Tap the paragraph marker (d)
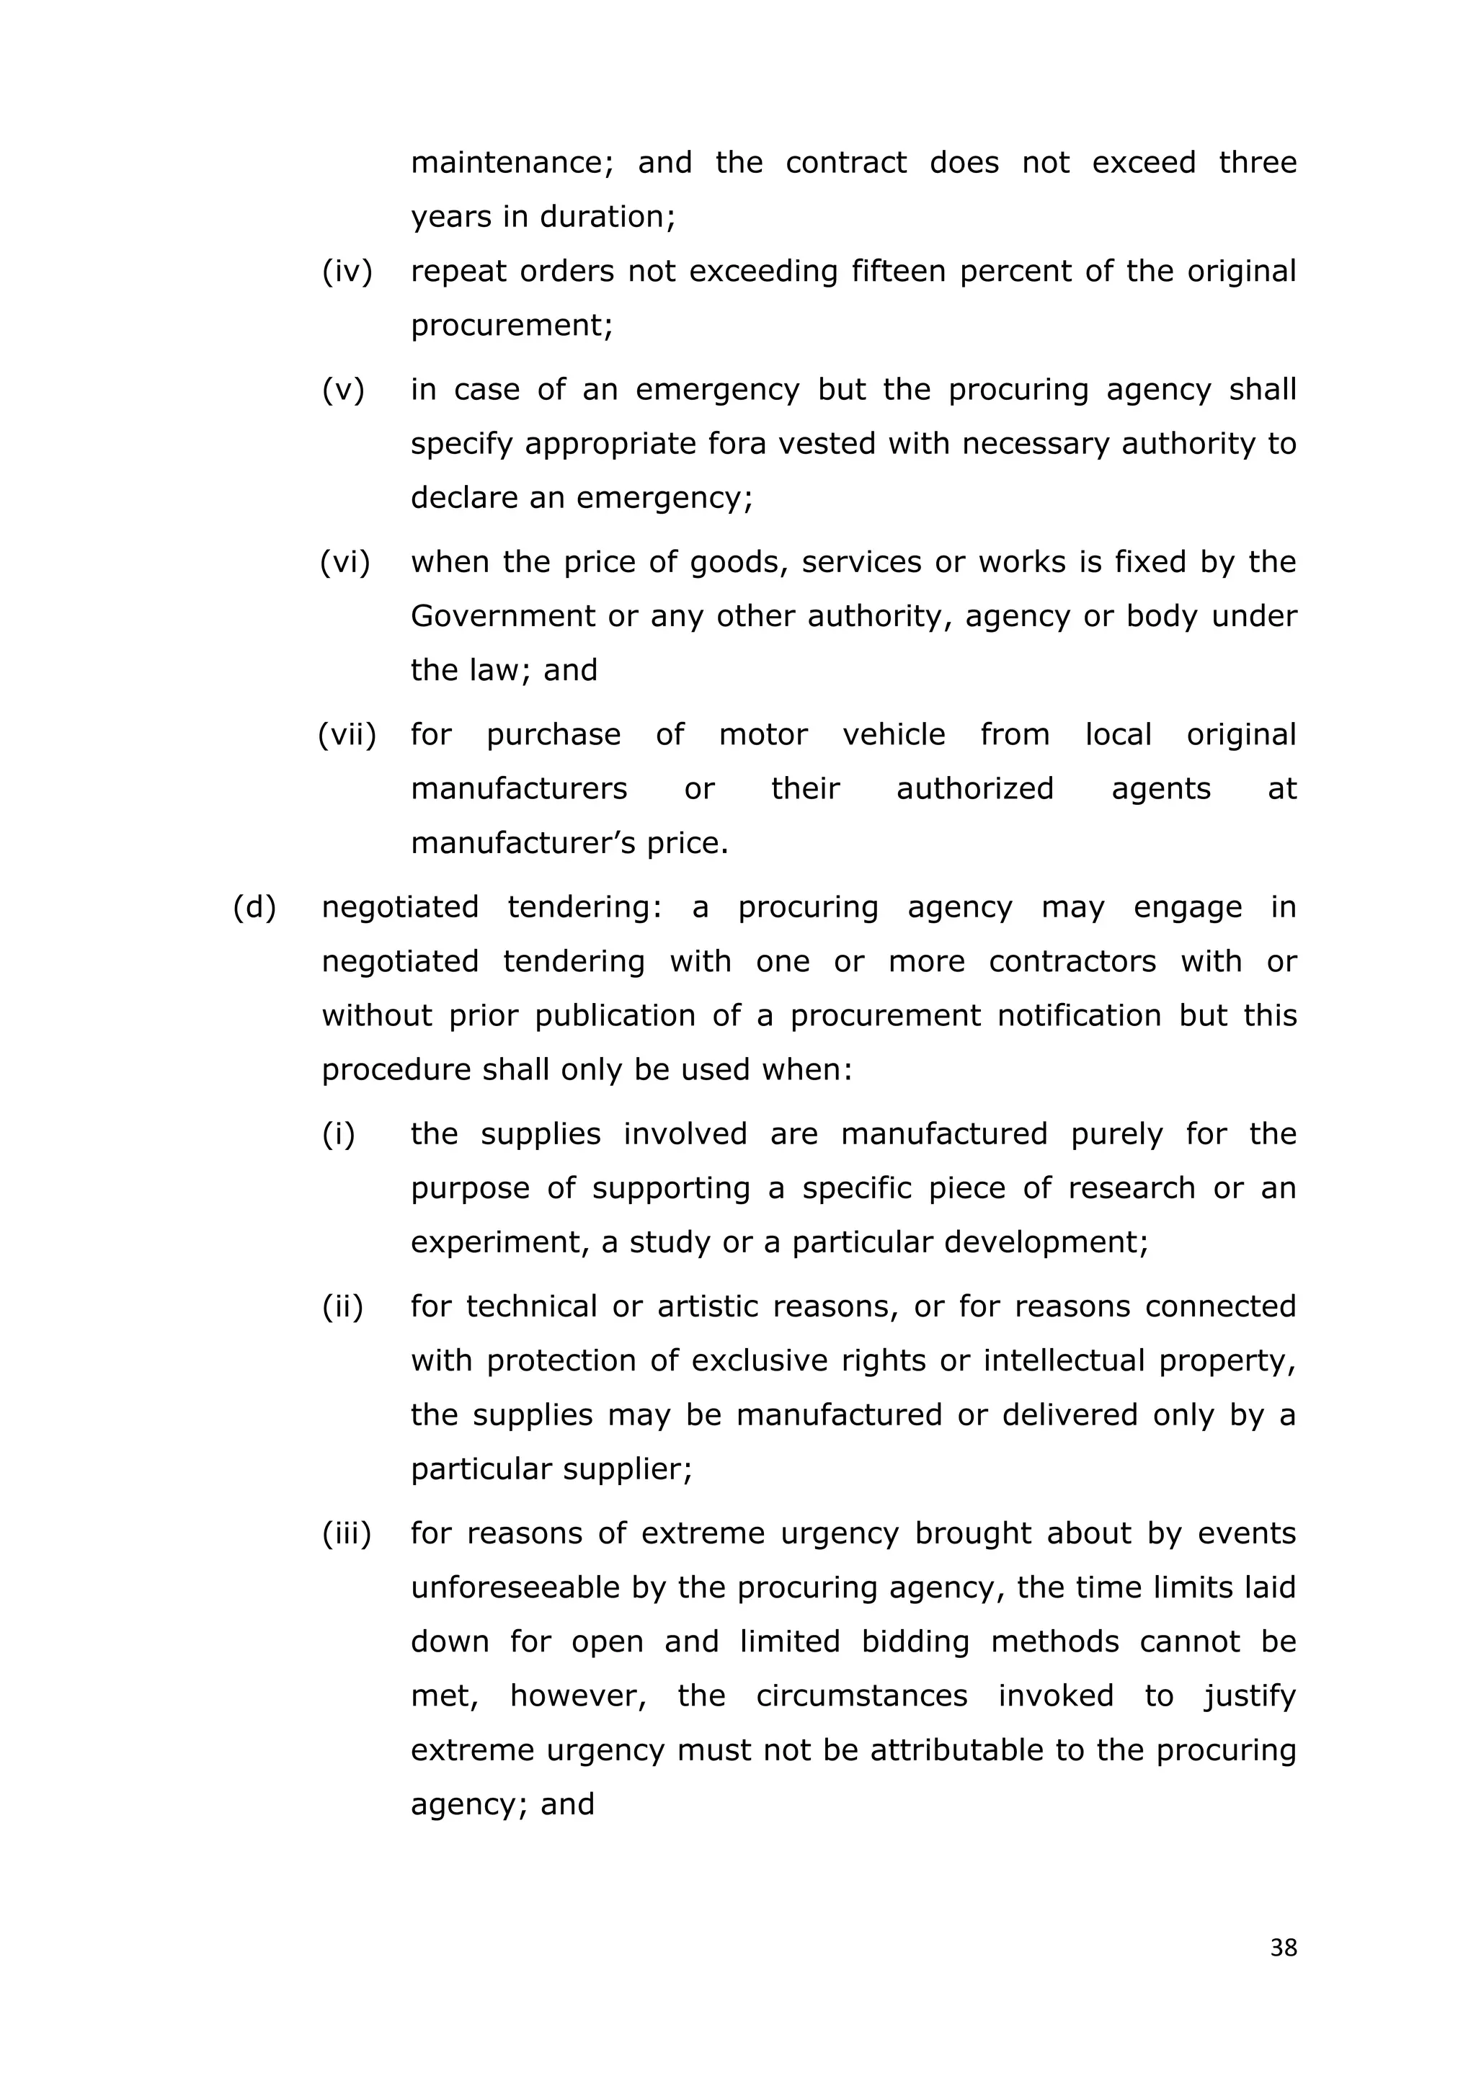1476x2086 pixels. click(254, 906)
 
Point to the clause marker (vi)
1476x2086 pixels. click(345, 561)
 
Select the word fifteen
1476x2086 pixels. click(896, 271)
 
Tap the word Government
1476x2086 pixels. click(502, 616)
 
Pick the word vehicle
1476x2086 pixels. click(894, 734)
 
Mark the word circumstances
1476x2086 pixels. click(862, 1695)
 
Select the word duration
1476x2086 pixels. click(603, 217)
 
